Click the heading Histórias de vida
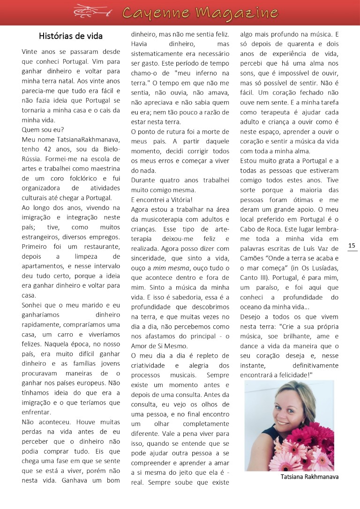[71, 36]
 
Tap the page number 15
[352, 245]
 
